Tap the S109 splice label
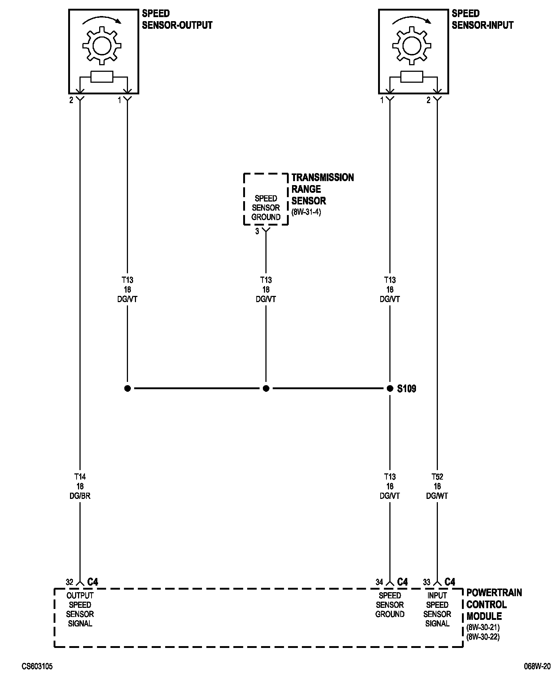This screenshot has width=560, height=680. pos(407,389)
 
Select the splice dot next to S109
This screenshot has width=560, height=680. pos(390,388)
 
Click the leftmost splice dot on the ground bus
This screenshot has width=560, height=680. pos(127,388)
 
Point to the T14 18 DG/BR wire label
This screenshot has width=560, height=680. pos(80,486)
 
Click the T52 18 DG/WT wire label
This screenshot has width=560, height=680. pos(437,486)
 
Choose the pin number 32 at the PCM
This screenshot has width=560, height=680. pos(70,582)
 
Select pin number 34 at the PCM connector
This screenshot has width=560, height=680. pos(380,582)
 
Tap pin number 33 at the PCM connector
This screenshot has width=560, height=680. pos(427,582)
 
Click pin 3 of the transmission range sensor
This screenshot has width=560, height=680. pos(257,231)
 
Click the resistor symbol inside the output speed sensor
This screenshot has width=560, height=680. pos(102,77)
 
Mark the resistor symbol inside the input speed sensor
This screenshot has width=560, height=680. pos(412,77)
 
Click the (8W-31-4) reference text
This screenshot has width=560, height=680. pos(306,212)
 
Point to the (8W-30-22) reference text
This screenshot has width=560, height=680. pos(483,637)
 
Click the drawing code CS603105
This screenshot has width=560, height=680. pos(37,667)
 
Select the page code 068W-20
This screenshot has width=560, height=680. pos(537,667)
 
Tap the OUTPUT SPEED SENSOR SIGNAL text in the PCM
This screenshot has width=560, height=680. pos(80,609)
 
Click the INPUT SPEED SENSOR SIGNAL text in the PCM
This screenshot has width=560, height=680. pos(437,609)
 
